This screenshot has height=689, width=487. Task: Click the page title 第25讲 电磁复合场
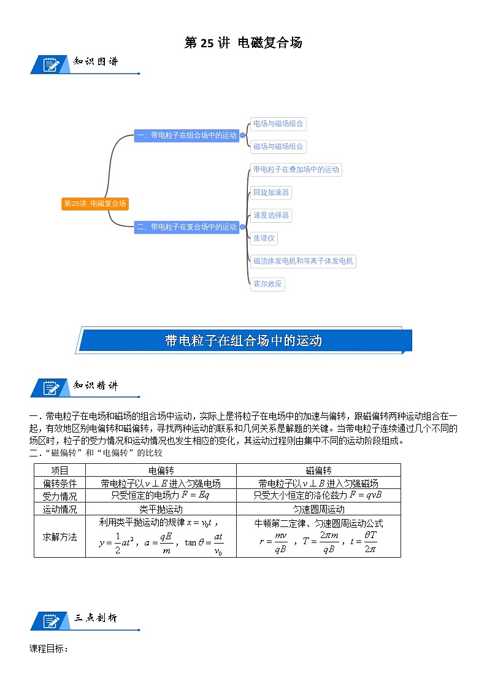click(x=243, y=42)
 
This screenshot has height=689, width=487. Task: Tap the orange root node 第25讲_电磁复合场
click(x=95, y=204)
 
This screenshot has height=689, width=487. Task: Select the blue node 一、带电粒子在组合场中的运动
click(x=186, y=136)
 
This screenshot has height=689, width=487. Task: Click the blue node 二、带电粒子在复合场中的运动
click(x=186, y=227)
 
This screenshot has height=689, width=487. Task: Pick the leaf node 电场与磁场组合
click(x=278, y=123)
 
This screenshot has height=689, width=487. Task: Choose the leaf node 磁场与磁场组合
click(x=278, y=147)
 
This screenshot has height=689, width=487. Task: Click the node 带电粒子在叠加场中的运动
click(x=296, y=169)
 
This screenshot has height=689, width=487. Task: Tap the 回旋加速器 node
click(x=270, y=193)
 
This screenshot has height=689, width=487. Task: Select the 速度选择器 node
click(x=270, y=215)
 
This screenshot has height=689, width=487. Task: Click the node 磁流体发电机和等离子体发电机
click(x=303, y=261)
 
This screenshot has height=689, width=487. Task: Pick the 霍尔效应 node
click(x=267, y=284)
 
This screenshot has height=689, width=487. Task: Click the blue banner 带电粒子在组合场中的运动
click(x=243, y=341)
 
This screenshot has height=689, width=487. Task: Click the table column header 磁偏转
click(x=318, y=470)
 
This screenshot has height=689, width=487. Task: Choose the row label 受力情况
click(x=59, y=496)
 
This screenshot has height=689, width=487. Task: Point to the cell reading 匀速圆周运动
click(x=318, y=509)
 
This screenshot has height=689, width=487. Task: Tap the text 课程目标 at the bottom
click(x=48, y=649)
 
